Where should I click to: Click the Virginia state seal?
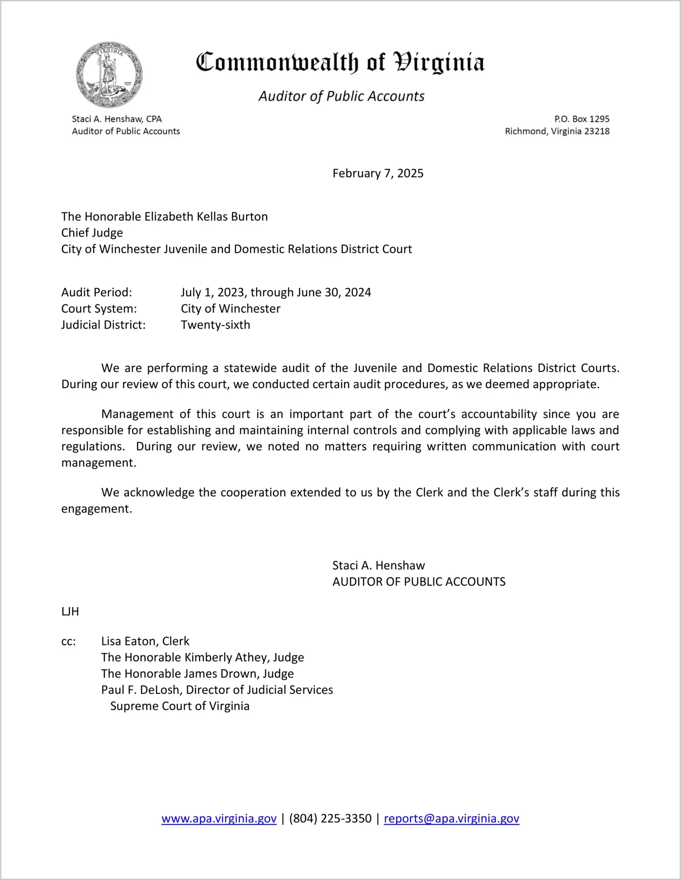point(109,75)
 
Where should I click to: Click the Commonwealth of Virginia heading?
point(340,62)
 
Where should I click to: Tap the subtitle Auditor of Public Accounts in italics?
point(341,96)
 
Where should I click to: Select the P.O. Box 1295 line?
point(582,119)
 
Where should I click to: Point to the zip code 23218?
point(597,131)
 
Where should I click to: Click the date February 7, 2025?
point(378,173)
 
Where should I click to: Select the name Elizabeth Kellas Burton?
point(206,216)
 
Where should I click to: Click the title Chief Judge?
point(92,233)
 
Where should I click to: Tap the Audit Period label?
point(97,292)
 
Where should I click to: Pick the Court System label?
point(99,309)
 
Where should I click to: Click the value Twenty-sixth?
point(216,325)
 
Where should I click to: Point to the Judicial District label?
point(103,325)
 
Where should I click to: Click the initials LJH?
point(70,612)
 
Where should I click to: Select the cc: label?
point(68,641)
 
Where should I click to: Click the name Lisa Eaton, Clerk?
point(145,641)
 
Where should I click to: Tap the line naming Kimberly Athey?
point(202,658)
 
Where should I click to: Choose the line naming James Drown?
point(197,674)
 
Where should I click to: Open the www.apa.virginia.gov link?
point(219,818)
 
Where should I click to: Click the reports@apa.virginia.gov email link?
point(451,818)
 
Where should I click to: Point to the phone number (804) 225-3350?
point(330,818)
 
